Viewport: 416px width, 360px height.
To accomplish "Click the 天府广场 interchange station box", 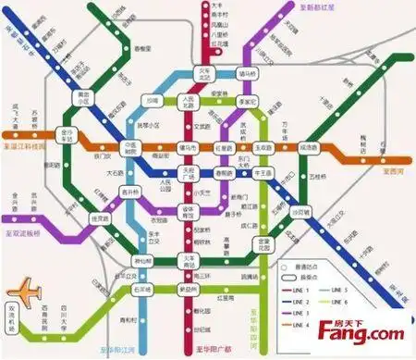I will [x=189, y=173].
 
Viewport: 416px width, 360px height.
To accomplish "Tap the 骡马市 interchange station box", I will [x=189, y=147].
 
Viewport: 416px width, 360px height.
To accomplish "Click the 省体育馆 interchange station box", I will [x=189, y=210].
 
